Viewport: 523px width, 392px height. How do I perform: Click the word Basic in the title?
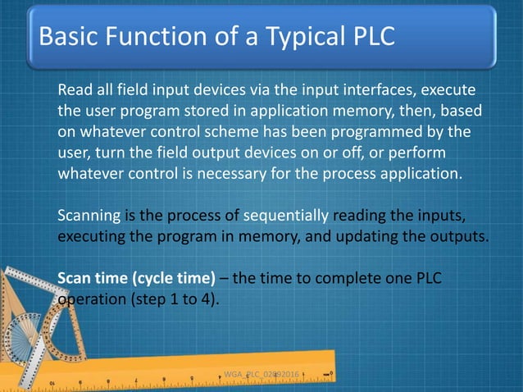tap(69, 38)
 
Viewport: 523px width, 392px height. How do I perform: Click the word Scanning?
tap(89, 217)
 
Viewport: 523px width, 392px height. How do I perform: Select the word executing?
tap(92, 238)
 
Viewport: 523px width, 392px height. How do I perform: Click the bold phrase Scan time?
tap(89, 280)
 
